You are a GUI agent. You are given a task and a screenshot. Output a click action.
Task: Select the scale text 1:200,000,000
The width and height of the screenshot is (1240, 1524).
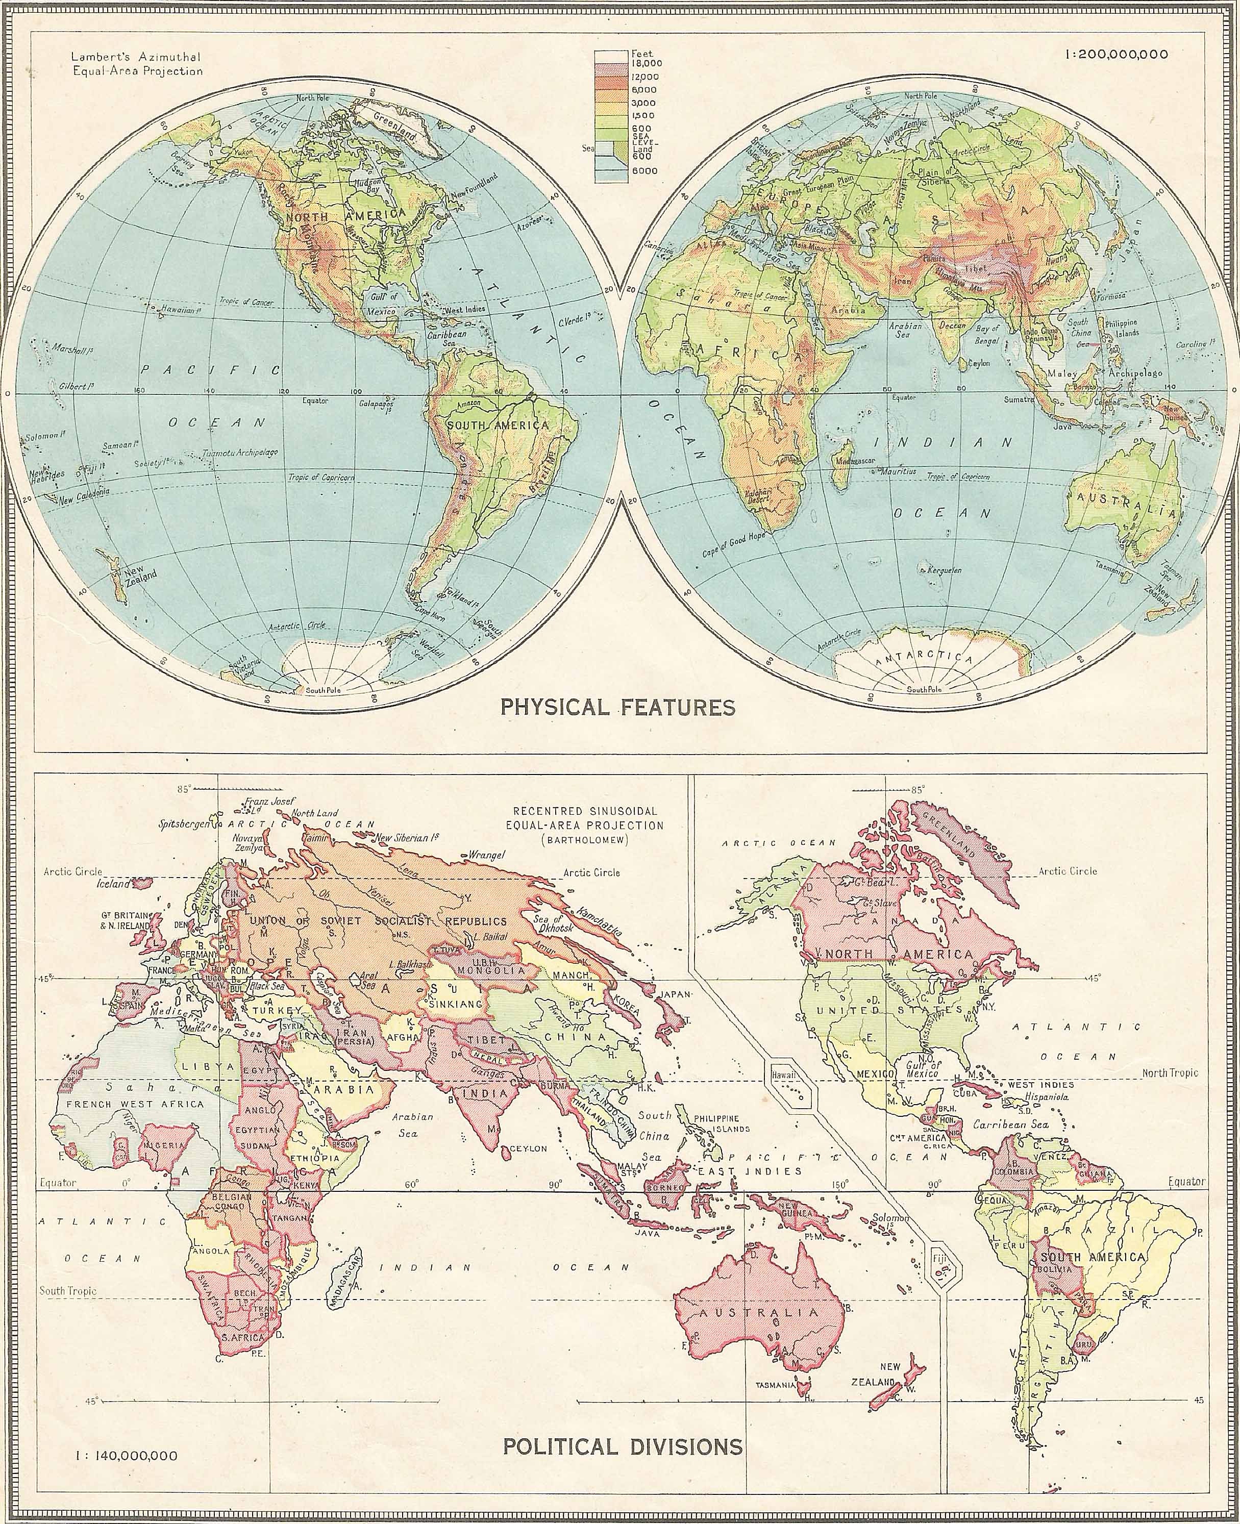1115,54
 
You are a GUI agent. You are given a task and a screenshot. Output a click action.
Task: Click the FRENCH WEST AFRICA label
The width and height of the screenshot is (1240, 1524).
135,1104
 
